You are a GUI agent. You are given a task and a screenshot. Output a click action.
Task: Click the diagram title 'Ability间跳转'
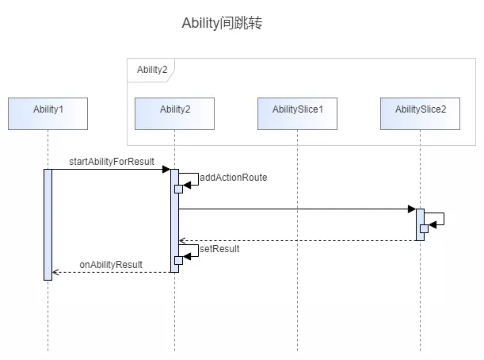click(x=222, y=24)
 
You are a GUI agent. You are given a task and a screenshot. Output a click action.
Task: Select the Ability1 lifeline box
click(x=48, y=113)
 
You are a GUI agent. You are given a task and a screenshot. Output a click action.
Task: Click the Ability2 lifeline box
click(x=174, y=113)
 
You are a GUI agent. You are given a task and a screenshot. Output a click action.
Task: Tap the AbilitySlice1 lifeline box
click(x=297, y=113)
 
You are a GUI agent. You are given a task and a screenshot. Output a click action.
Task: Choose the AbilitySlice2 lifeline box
click(x=420, y=113)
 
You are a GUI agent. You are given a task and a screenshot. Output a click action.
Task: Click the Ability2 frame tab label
click(x=151, y=70)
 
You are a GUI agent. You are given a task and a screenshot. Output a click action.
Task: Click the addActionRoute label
click(x=233, y=178)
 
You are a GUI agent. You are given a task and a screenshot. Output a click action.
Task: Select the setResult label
click(x=219, y=248)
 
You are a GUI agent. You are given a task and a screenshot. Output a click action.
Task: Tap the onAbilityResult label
click(x=111, y=264)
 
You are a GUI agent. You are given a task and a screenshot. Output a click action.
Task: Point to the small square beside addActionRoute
click(x=179, y=189)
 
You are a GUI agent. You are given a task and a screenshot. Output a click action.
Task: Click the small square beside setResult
click(x=179, y=260)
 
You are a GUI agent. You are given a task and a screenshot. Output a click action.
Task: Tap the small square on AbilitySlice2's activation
click(x=424, y=228)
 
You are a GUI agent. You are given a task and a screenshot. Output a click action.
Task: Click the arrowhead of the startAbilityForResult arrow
click(x=166, y=169)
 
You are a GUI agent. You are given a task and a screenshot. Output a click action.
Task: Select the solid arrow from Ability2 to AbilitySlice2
click(x=293, y=209)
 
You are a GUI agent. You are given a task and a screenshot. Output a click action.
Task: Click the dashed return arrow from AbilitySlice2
click(x=297, y=240)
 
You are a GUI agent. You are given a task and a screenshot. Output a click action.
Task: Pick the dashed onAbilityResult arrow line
click(x=111, y=272)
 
